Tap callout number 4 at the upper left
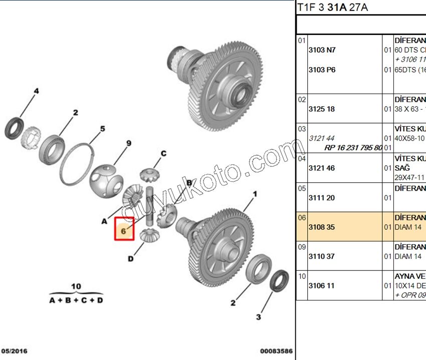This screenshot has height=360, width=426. click(36, 91)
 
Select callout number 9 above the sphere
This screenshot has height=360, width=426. click(129, 144)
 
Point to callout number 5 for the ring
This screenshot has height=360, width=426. click(102, 129)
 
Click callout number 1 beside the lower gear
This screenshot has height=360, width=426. click(255, 194)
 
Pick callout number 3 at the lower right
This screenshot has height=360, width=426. click(259, 316)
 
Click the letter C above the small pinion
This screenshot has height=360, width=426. click(163, 153)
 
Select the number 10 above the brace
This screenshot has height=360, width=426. click(76, 286)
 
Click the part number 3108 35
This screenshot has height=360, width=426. click(321, 227)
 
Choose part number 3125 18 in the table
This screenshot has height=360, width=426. click(321, 109)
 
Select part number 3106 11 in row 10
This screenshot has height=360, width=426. click(321, 285)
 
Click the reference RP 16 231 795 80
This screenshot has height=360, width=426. click(353, 148)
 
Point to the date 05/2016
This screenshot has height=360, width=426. click(14, 351)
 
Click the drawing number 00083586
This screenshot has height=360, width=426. click(276, 351)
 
